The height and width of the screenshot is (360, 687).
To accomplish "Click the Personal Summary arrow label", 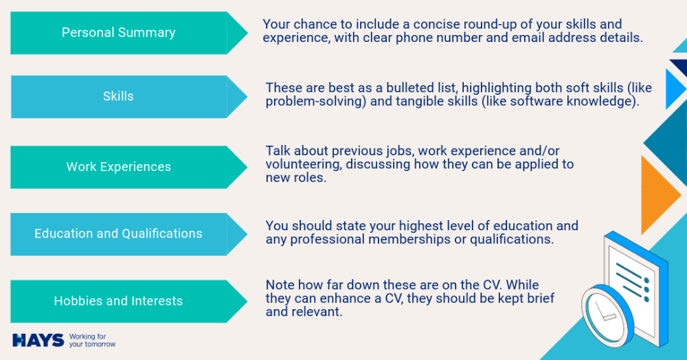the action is coord(118,32).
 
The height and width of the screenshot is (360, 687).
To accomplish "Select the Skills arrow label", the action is coord(118,96).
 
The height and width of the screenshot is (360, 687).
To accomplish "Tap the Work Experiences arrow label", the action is coord(119,167).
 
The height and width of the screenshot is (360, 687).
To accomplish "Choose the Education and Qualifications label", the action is coord(118,234).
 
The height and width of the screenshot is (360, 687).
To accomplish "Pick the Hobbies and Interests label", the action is coord(118,301).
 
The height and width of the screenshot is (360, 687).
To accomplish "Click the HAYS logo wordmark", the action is coord(38,340).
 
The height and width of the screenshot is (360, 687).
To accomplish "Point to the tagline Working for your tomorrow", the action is coord(92,340).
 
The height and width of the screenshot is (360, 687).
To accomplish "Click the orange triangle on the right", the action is coord(660,195).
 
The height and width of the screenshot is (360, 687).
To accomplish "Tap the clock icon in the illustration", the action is coord(607,315).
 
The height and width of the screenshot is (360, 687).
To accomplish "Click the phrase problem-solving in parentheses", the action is coord(316,102).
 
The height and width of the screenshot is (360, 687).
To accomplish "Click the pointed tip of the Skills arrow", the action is coord(247,97).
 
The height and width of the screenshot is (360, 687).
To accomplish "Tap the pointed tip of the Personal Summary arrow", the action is coord(247,33).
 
